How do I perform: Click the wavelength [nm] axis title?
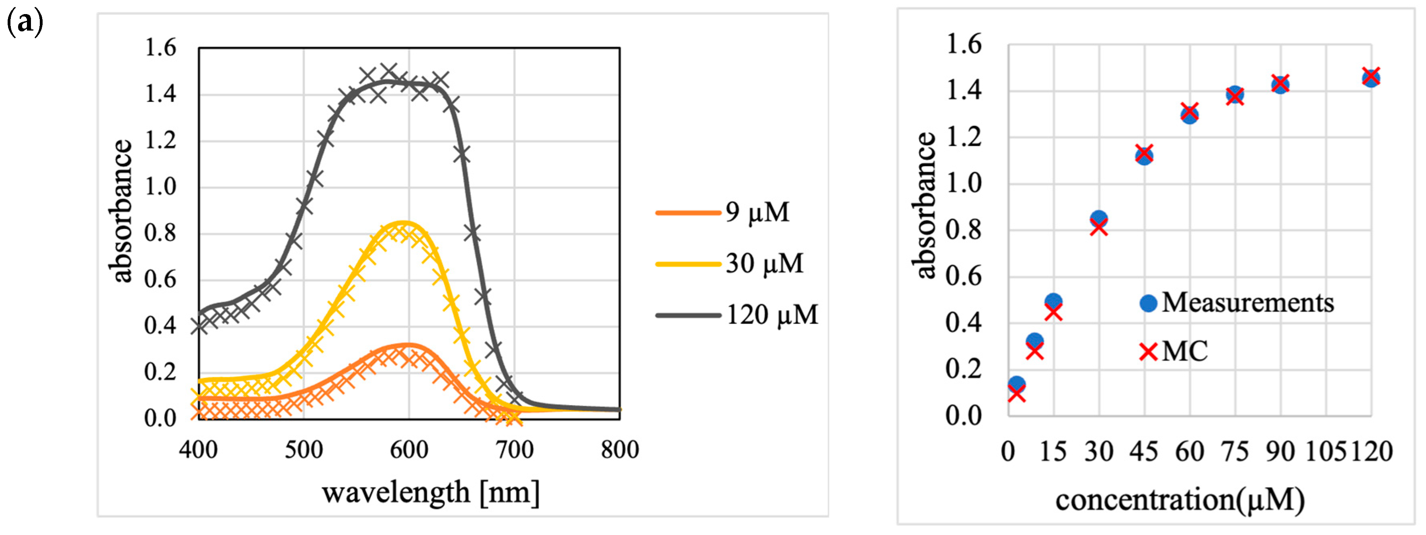(x=430, y=492)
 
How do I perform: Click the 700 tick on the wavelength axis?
(x=514, y=450)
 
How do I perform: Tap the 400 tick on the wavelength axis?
(x=198, y=450)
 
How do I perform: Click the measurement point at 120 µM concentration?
(x=1371, y=78)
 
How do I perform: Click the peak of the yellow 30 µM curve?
(x=404, y=223)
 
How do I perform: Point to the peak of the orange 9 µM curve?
(x=408, y=346)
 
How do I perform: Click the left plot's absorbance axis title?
(x=120, y=210)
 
